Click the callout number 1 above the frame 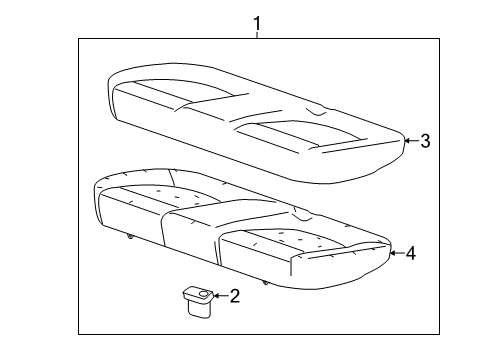[257, 22]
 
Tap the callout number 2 [235, 295]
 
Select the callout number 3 [425, 141]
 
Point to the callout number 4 [410, 254]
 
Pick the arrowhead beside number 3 [405, 141]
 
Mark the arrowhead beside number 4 [391, 254]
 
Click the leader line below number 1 [257, 35]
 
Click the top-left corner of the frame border [80, 38]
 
